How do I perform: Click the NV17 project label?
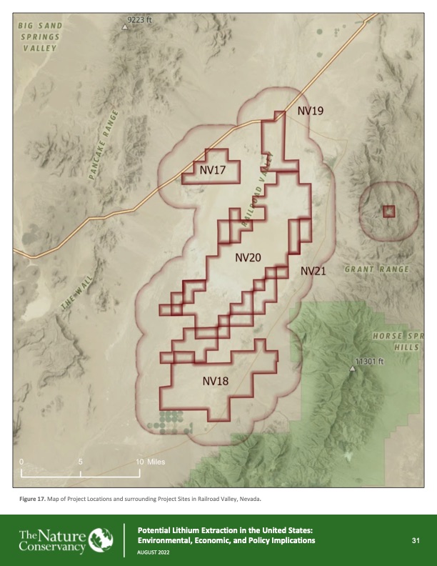tap(213, 170)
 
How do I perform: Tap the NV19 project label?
tap(311, 111)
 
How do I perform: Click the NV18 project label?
tap(215, 381)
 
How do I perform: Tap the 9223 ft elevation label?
tap(139, 19)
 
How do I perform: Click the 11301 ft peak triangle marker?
tap(352, 369)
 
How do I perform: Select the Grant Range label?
tap(376, 269)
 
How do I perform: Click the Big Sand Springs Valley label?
tap(40, 37)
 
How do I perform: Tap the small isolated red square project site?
tap(388, 211)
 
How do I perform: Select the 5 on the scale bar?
tap(81, 462)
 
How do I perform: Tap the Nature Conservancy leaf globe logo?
tap(98, 539)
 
